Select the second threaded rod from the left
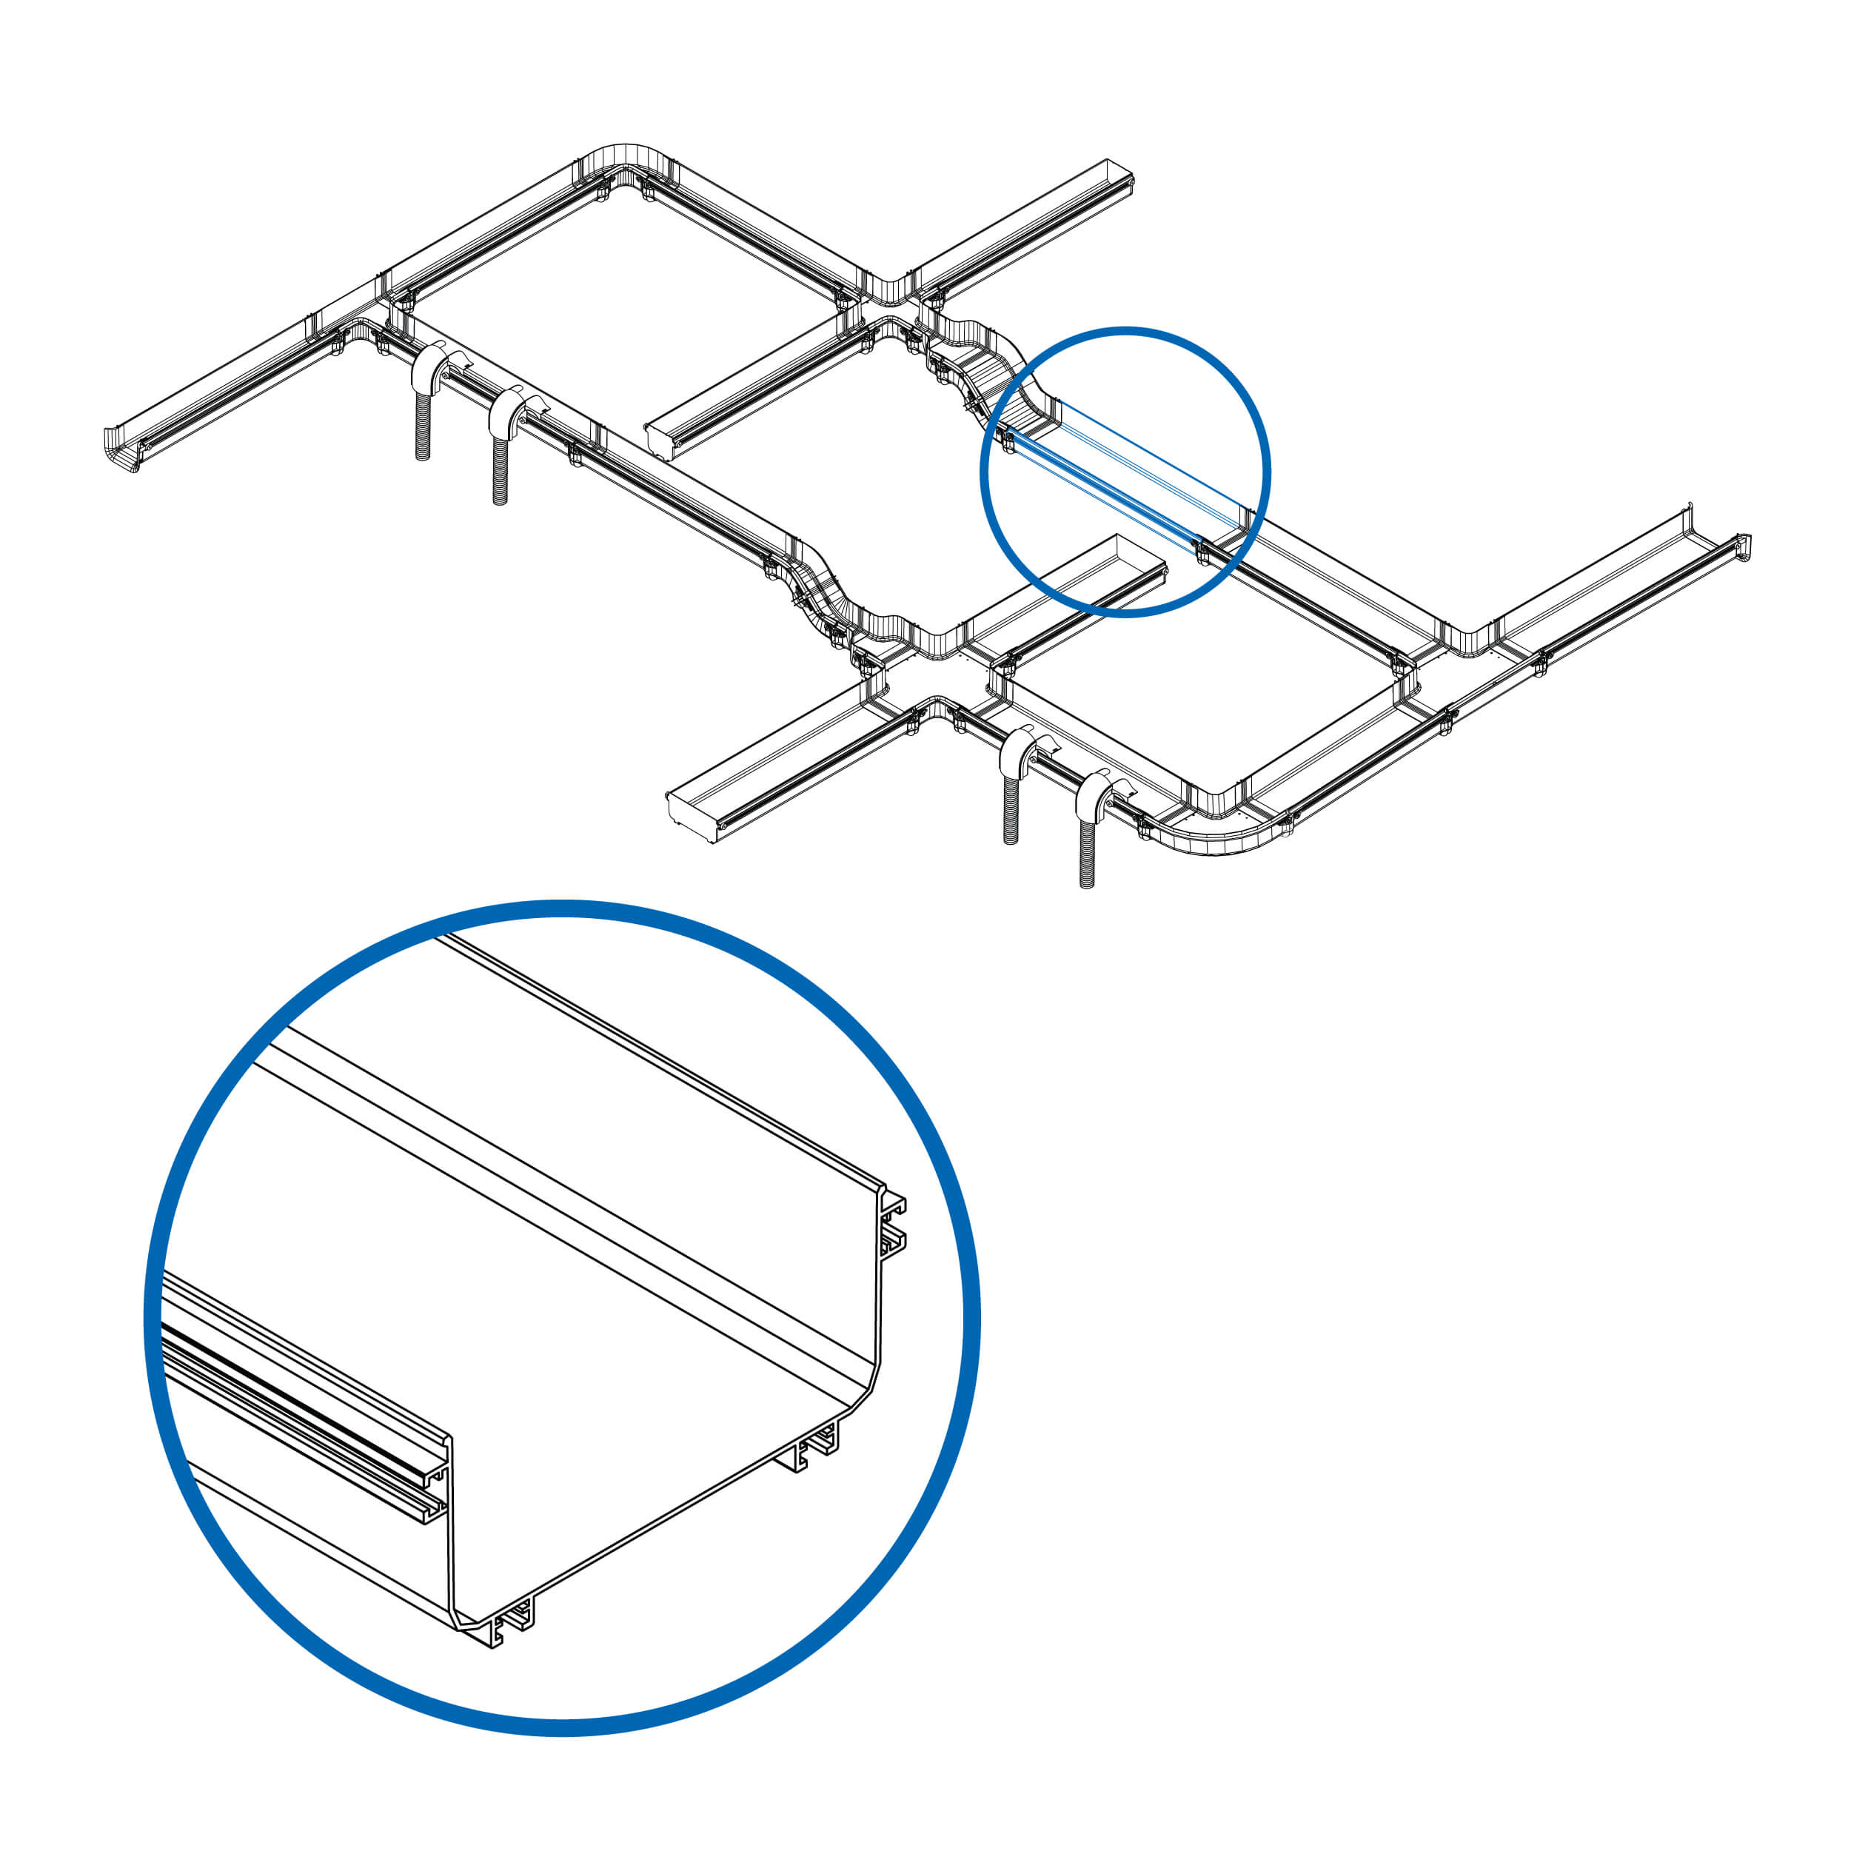pos(499,469)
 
